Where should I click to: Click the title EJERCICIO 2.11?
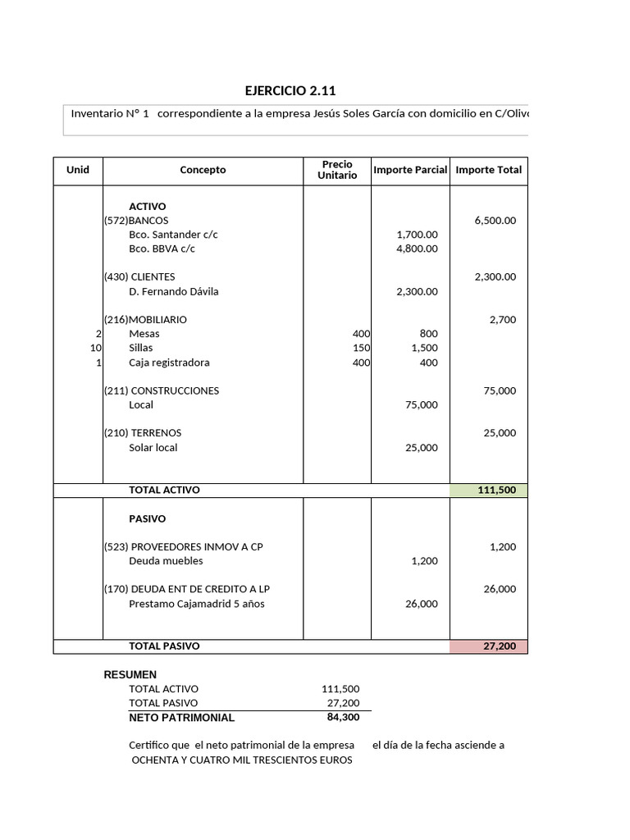click(x=290, y=91)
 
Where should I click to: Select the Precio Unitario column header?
click(x=337, y=170)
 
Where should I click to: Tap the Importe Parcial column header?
click(x=410, y=170)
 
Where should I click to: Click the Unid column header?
click(x=78, y=170)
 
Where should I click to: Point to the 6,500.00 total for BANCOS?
click(x=495, y=221)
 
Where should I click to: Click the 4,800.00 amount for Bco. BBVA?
click(x=417, y=249)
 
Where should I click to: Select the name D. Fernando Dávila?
click(x=174, y=291)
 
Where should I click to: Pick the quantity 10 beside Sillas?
click(x=95, y=348)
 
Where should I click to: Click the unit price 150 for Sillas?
click(x=361, y=348)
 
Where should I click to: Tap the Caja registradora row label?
click(x=169, y=363)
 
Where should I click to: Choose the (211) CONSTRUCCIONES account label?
click(x=161, y=390)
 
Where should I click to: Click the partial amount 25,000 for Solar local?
click(x=422, y=447)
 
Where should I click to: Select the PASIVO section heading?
click(x=147, y=519)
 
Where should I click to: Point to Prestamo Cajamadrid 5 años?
click(x=197, y=604)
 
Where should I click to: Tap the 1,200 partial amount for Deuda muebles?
click(x=424, y=561)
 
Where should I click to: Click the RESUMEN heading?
click(x=130, y=674)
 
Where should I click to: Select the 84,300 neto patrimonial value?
click(x=343, y=717)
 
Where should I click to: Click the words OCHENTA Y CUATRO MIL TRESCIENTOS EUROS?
click(x=242, y=760)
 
